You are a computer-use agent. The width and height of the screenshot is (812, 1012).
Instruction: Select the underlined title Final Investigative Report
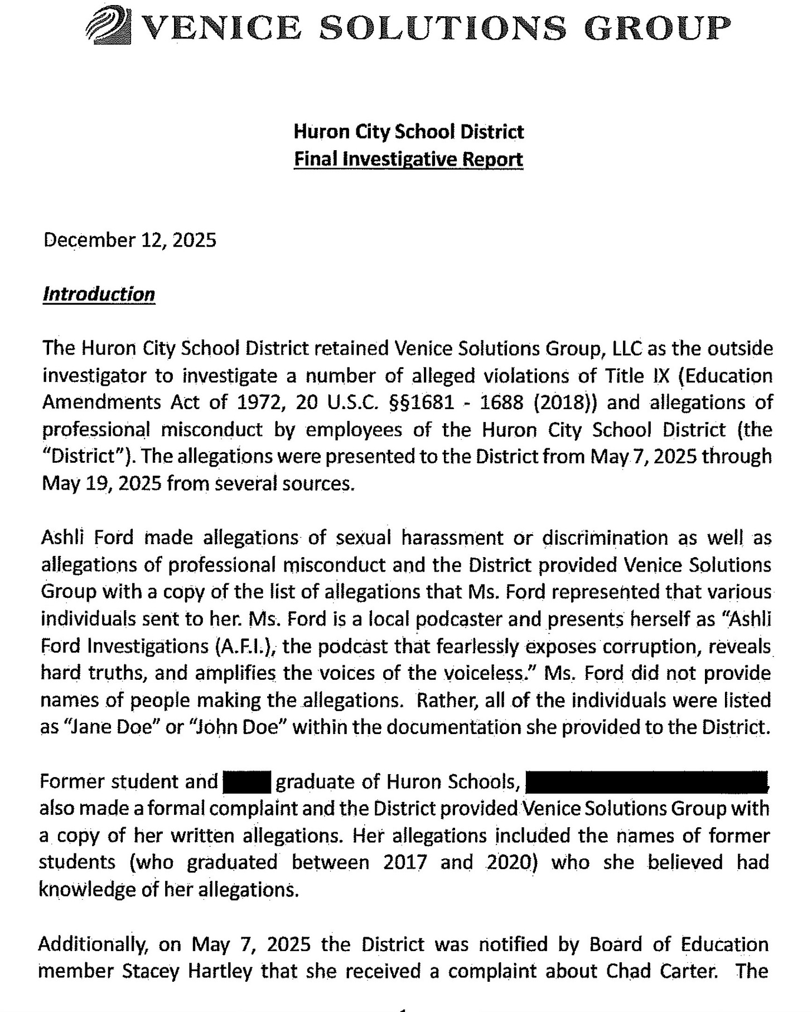coord(408,160)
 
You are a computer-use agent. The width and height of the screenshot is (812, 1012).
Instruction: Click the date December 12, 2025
coord(129,240)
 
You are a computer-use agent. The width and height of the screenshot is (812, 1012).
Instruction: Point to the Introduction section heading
coord(99,294)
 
